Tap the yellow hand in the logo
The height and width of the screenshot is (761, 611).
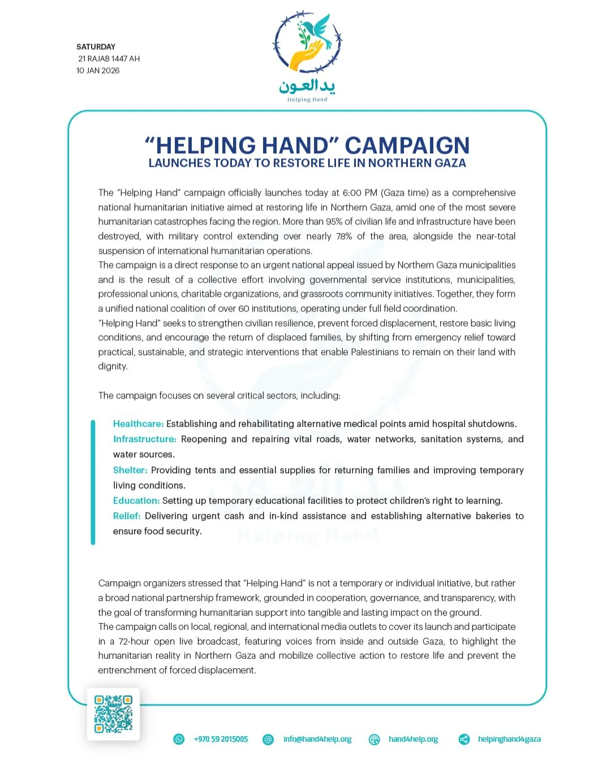point(305,57)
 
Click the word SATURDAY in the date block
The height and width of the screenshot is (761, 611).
point(96,47)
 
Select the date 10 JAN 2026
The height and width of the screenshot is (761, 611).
point(98,71)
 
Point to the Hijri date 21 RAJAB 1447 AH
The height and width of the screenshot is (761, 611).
point(109,59)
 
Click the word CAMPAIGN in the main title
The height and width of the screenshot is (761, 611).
point(407,145)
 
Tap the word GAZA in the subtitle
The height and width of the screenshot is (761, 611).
point(450,163)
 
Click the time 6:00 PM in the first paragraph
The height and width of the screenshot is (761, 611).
point(360,193)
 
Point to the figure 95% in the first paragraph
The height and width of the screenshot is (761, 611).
point(334,222)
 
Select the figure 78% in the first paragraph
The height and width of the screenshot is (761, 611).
point(344,236)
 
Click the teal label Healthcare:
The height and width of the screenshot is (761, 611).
point(138,424)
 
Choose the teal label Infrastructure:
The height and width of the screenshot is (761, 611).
point(144,439)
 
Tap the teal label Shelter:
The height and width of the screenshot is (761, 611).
point(130,470)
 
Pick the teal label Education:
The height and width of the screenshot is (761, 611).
point(136,501)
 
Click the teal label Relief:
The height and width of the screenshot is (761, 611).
point(127,516)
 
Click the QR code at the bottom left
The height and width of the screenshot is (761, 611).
point(113,714)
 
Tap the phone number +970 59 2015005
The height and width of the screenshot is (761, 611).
point(221,740)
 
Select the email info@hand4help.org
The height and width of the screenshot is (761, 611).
point(317,740)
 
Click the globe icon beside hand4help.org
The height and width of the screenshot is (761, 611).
point(375,740)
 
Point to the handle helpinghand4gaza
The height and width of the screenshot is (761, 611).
point(509,740)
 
